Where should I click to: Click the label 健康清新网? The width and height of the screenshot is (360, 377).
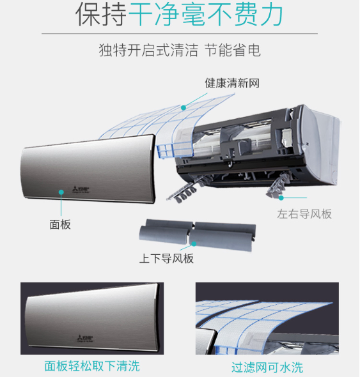click(x=232, y=83)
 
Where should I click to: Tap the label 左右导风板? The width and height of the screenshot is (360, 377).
click(x=304, y=214)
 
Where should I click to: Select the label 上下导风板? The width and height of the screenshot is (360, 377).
click(x=166, y=259)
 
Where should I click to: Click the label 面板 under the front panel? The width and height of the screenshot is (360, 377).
click(x=60, y=224)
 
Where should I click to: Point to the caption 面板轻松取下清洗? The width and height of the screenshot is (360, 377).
click(x=92, y=366)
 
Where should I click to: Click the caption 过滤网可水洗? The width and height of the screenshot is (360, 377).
click(x=267, y=367)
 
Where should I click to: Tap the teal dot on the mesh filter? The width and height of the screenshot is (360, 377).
click(x=184, y=108)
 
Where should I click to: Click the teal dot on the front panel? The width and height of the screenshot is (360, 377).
click(x=61, y=192)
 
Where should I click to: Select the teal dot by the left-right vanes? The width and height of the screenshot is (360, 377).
click(x=281, y=197)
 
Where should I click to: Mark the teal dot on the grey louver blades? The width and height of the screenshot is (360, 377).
click(x=194, y=244)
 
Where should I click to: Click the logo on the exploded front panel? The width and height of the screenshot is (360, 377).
click(x=81, y=190)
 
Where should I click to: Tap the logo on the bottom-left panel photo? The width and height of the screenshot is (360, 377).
click(x=85, y=338)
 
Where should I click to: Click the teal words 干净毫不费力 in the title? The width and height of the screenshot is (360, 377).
click(x=206, y=15)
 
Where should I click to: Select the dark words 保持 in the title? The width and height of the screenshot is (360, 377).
click(x=101, y=15)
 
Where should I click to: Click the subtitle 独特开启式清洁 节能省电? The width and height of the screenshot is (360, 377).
click(x=180, y=50)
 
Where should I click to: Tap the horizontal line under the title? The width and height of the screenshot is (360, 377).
click(x=180, y=33)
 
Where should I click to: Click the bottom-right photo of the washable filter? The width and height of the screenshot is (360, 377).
click(x=267, y=318)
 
